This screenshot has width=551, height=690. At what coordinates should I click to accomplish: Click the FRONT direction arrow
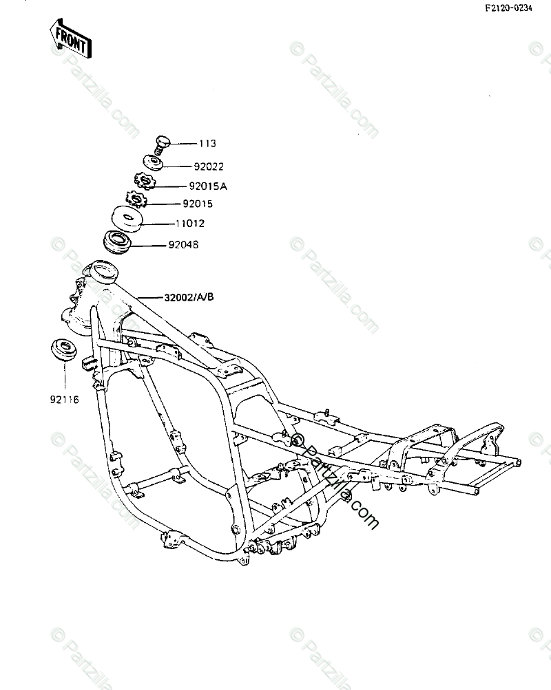tap(70, 39)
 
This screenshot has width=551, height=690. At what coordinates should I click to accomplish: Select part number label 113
tap(207, 144)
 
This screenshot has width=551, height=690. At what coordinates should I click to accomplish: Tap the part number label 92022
tap(209, 166)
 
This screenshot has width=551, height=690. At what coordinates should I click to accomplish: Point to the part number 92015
tap(198, 204)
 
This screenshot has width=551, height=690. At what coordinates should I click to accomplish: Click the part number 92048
tap(183, 244)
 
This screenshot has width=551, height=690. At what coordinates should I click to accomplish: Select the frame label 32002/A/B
tap(189, 297)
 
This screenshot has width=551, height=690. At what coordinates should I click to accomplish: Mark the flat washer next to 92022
tap(154, 164)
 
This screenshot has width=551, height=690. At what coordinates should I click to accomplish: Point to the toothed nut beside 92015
tap(137, 201)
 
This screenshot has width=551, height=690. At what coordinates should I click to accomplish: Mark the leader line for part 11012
tap(158, 224)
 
